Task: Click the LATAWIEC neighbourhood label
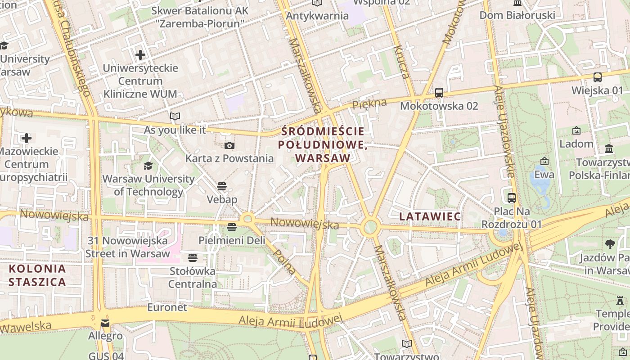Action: coord(430,216)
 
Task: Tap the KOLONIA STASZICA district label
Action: coord(37,275)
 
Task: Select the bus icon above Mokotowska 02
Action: coord(439,93)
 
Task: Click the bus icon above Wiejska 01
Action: coord(598,77)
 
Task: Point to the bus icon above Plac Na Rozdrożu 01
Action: coord(512,198)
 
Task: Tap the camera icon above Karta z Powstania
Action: coord(229,145)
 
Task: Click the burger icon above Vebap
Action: coord(222,186)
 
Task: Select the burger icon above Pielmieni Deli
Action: coord(232,227)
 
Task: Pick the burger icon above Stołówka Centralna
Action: coord(193,258)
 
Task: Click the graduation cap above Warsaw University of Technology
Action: coord(148,166)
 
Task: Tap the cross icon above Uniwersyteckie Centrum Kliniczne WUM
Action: coord(140,55)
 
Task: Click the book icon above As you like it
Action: coord(175,117)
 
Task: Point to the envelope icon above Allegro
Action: coord(105,323)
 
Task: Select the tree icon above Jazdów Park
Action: coord(610,244)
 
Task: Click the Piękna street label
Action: coord(369,103)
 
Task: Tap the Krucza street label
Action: coord(402,62)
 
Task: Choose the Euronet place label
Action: coord(167,307)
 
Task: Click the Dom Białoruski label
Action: coord(517,15)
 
